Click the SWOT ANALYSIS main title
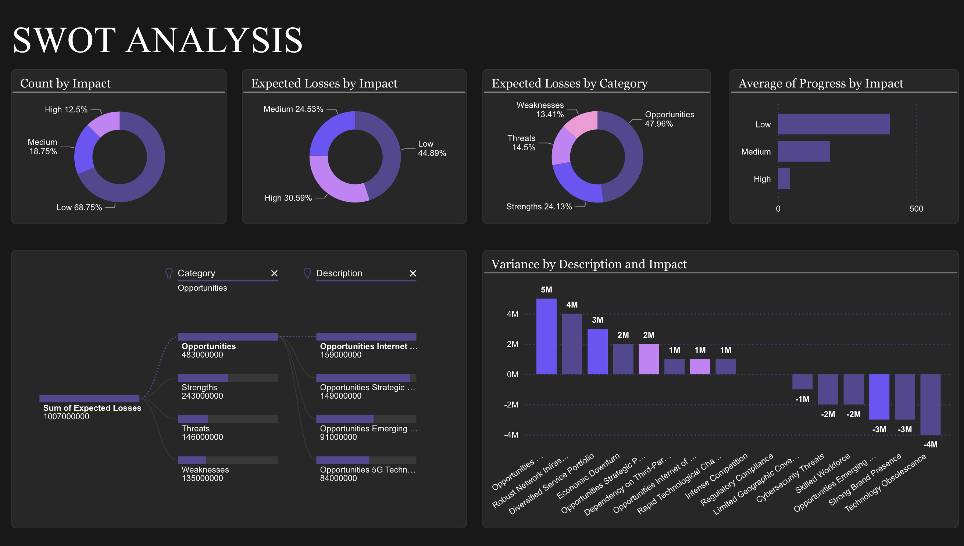tap(158, 40)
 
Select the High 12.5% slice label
tap(66, 109)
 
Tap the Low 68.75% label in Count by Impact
tap(79, 207)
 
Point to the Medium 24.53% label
tap(293, 109)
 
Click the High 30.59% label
tap(288, 198)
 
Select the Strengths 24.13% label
tap(539, 206)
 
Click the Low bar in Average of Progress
tap(833, 124)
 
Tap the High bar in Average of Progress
tap(783, 179)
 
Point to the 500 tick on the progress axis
tap(916, 208)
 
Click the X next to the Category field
tap(274, 273)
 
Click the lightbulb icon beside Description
tap(307, 273)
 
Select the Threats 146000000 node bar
tap(193, 419)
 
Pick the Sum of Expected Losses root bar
tap(89, 398)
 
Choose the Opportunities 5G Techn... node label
tap(367, 470)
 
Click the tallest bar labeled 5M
tap(546, 336)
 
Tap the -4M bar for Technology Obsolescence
tap(930, 404)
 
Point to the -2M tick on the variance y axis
tap(511, 405)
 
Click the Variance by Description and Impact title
tap(589, 264)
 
